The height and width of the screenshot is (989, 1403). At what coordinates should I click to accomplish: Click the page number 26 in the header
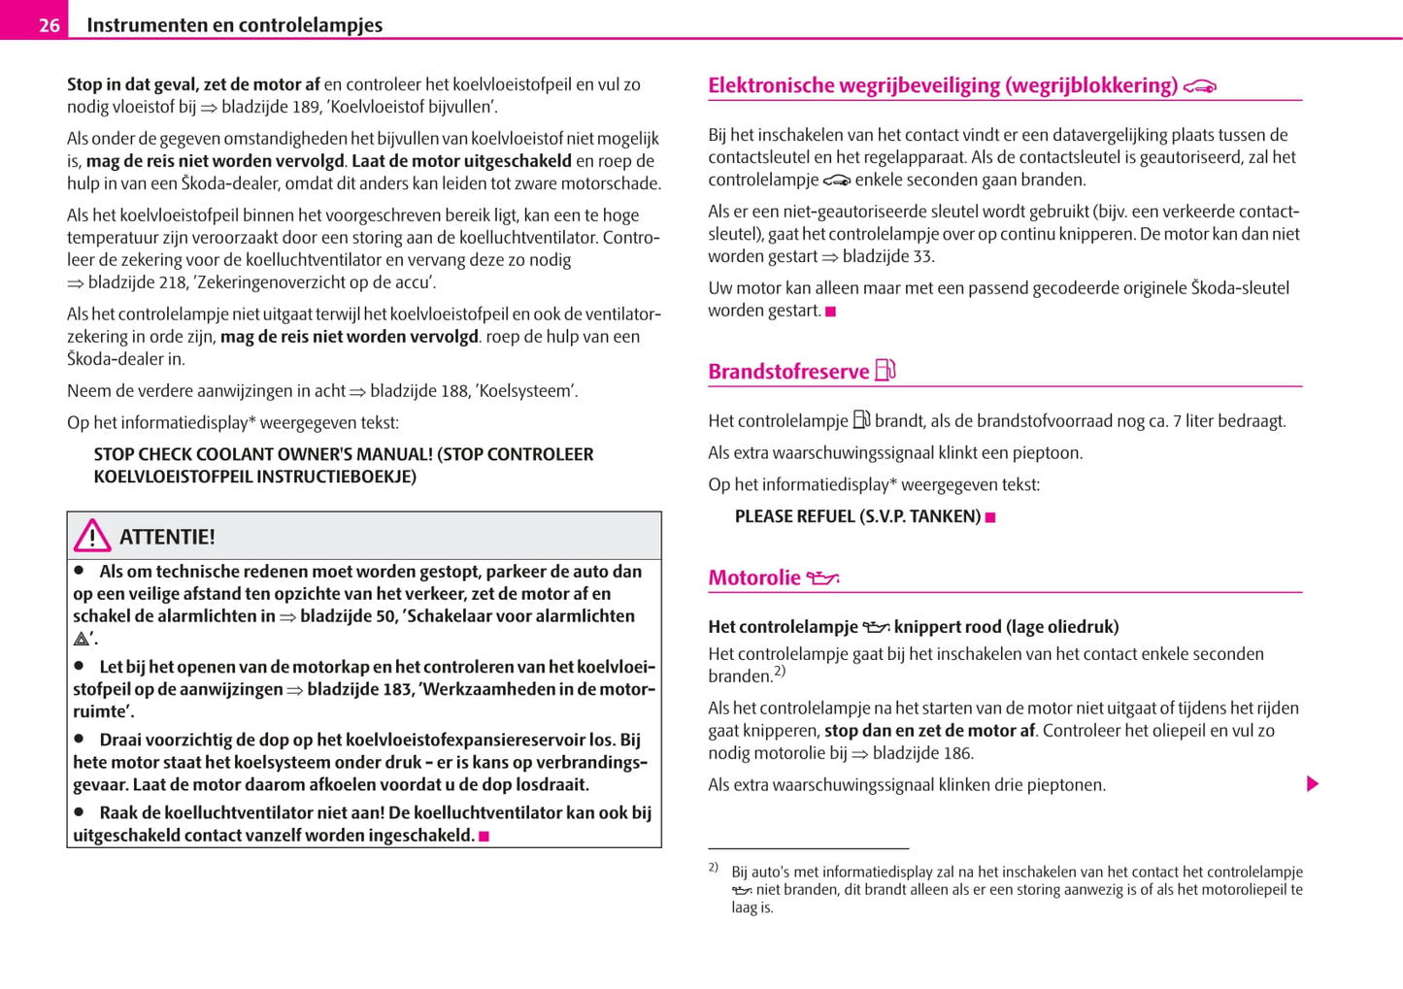pos(49,25)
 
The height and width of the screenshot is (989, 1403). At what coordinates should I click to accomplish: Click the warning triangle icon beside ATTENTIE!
pos(92,536)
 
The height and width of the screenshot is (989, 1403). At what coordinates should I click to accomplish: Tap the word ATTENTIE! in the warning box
pos(167,537)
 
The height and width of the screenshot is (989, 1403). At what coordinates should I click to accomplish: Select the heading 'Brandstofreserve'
pos(788,372)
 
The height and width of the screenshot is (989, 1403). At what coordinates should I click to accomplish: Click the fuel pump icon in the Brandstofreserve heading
pos(885,370)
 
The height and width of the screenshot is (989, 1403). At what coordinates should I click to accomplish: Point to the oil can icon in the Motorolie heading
pos(822,578)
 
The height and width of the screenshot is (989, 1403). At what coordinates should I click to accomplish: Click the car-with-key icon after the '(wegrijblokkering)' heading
pos(1200,87)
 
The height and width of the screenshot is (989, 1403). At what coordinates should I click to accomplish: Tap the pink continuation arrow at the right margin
pos(1313,783)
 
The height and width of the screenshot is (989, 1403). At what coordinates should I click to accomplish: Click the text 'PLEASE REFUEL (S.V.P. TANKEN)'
pos(857,516)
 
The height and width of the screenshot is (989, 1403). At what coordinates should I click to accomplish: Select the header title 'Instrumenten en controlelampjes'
pos(234,25)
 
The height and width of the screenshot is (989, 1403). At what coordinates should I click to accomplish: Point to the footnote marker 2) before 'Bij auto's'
pos(713,867)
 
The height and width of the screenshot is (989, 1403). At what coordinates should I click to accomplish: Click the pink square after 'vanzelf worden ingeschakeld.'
pos(484,836)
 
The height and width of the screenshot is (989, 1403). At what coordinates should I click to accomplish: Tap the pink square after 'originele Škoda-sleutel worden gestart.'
pos(830,312)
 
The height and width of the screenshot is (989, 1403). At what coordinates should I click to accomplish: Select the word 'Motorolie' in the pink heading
pos(754,578)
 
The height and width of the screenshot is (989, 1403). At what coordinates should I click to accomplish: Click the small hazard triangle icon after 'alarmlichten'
pos(82,639)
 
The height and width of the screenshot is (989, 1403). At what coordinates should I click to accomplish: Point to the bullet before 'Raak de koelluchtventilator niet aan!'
pos(80,812)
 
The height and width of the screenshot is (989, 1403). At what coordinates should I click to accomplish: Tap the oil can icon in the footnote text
pos(742,890)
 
